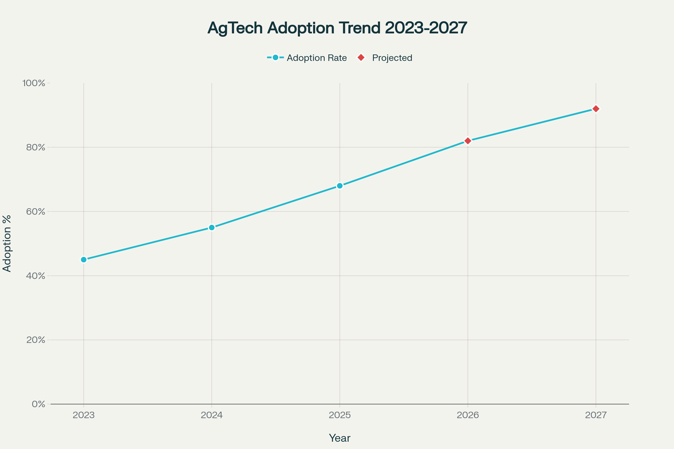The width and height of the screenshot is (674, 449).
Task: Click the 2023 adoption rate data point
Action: pyautogui.click(x=84, y=259)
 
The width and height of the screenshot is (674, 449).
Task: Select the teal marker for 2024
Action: pyautogui.click(x=212, y=227)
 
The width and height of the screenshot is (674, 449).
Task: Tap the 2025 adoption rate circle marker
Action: pyautogui.click(x=340, y=186)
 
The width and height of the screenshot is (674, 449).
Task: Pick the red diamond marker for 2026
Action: pyautogui.click(x=468, y=141)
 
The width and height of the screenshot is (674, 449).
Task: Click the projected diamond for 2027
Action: pyautogui.click(x=596, y=109)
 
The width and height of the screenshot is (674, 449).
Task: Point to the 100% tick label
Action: pyautogui.click(x=34, y=83)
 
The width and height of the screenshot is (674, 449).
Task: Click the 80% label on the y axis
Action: pyautogui.click(x=36, y=148)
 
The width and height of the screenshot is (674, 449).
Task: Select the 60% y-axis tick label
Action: pyautogui.click(x=36, y=212)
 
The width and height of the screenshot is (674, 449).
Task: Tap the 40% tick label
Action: pyautogui.click(x=36, y=276)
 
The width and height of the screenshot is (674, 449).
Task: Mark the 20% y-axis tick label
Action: pyautogui.click(x=36, y=340)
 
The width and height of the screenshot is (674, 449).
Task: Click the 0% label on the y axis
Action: pyautogui.click(x=38, y=404)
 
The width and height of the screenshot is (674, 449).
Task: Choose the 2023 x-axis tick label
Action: pyautogui.click(x=84, y=415)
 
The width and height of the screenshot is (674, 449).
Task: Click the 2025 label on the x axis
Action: pyautogui.click(x=340, y=415)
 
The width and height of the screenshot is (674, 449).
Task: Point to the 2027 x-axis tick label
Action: pyautogui.click(x=596, y=415)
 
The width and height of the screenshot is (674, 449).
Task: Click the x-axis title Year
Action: pyautogui.click(x=340, y=438)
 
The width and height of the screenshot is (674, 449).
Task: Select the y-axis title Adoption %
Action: pyautogui.click(x=7, y=243)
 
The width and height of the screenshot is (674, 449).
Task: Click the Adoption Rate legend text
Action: pyautogui.click(x=317, y=58)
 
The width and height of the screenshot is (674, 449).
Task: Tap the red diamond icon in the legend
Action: pyautogui.click(x=361, y=58)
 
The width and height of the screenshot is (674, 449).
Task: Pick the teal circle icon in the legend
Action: pyautogui.click(x=275, y=58)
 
